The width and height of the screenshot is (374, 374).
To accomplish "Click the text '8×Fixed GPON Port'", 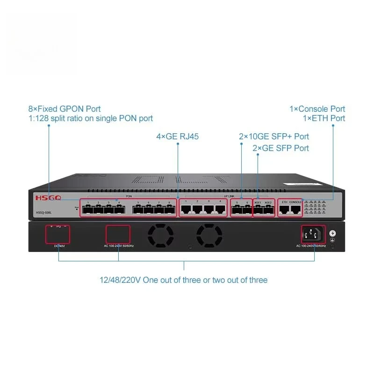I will pos(65,109).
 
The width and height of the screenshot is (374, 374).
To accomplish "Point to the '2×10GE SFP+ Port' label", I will pos(273,137).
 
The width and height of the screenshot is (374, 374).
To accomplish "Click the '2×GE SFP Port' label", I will pos(280,148).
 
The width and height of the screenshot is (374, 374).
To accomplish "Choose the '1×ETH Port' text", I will pos(324,118).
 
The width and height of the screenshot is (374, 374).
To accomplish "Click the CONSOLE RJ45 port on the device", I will pos(295,210).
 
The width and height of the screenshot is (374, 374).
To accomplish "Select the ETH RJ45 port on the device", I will pos(284,210).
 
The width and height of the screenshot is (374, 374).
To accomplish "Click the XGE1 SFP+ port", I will pos(258,210).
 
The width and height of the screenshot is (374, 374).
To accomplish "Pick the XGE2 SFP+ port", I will pos(268,210).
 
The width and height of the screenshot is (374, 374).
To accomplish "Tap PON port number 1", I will pos(88,210).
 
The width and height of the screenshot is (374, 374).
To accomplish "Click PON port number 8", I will pos(169,210).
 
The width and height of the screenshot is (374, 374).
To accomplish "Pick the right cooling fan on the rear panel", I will pos(209,235).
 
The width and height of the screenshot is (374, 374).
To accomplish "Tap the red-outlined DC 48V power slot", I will pos(58,234).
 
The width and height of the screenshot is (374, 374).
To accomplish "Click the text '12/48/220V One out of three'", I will pos(183,280).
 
